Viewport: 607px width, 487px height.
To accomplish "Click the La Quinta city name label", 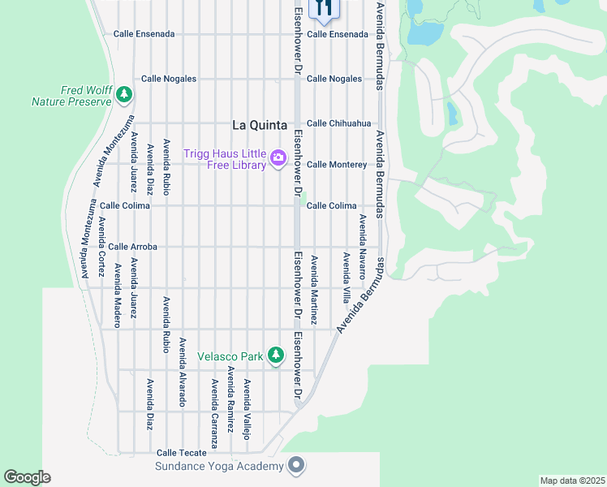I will (259, 125).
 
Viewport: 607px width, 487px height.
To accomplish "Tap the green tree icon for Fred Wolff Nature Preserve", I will (123, 95).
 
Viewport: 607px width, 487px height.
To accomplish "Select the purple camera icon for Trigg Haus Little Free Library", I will (278, 157).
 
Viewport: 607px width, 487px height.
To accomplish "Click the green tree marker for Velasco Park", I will (276, 356).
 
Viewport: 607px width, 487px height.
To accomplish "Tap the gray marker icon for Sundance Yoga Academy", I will (296, 465).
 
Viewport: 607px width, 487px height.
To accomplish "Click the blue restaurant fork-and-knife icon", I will (324, 6).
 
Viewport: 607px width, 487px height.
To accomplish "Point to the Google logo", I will (27, 477).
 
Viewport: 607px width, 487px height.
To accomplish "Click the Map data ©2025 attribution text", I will (572, 481).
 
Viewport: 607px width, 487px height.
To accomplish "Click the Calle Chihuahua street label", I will (338, 123).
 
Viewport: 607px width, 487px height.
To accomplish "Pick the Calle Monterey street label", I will (337, 164).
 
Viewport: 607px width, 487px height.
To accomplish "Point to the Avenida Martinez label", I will (314, 289).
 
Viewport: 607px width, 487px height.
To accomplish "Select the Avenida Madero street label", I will (118, 295).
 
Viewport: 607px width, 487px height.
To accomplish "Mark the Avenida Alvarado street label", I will (183, 372).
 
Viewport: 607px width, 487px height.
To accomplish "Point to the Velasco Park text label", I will (230, 356).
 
